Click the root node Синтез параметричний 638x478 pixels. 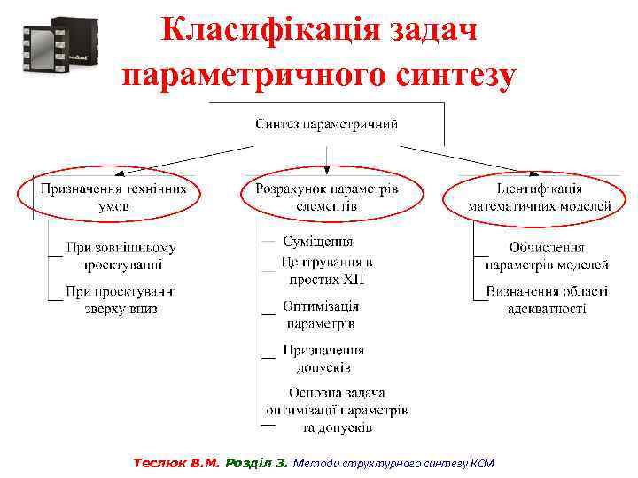click(327, 123)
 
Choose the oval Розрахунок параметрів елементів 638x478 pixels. click(327, 197)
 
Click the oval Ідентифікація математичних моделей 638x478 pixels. click(539, 197)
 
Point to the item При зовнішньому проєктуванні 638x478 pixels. click(121, 256)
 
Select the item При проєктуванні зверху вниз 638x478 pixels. click(121, 299)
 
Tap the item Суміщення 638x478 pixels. click(317, 241)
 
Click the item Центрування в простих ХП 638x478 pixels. click(327, 270)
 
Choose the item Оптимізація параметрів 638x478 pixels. click(320, 314)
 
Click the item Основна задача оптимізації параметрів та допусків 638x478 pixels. click(337, 410)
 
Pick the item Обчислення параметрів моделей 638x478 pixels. click(547, 256)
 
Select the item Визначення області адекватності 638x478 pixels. click(547, 299)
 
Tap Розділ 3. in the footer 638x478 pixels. click(257, 463)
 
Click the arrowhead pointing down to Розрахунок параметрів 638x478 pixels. click(327, 169)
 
